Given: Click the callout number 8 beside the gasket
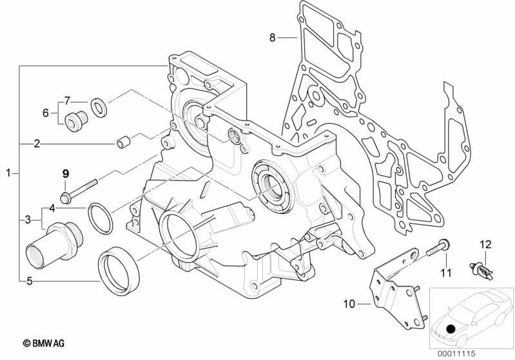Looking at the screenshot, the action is (x=272, y=38).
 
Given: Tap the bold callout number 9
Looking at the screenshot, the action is (x=66, y=173).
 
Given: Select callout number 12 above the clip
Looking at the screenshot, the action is (x=485, y=245).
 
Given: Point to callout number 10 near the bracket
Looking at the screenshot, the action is (x=349, y=304).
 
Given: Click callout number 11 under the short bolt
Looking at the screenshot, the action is (x=445, y=272).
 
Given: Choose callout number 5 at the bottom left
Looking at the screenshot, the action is (x=30, y=281).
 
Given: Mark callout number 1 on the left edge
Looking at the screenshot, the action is (x=9, y=173).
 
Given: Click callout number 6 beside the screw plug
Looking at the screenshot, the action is (x=46, y=113).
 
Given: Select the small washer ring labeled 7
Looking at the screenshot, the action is (x=98, y=107).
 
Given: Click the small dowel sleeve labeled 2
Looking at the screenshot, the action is (x=124, y=143).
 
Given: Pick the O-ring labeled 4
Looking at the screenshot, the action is (x=100, y=219).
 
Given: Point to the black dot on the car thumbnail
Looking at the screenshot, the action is (x=451, y=328).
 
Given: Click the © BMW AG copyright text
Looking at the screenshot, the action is (x=44, y=344).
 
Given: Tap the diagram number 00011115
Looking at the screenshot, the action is (x=456, y=354).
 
